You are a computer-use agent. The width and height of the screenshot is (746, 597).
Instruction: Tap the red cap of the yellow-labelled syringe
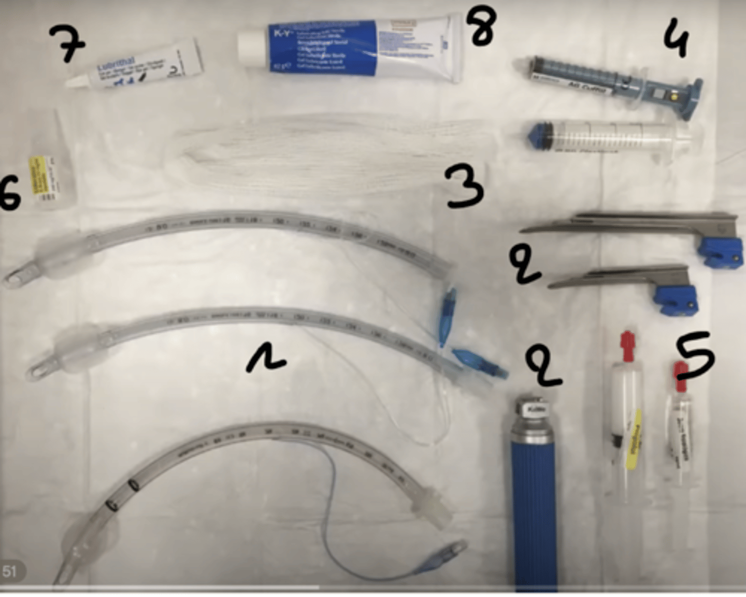627,345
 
